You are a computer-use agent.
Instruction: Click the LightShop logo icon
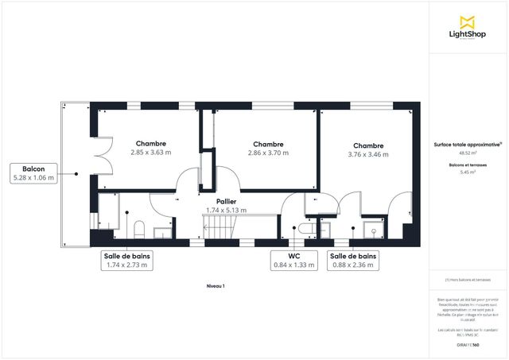tap(468, 21)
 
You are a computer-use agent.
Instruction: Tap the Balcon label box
tap(33, 173)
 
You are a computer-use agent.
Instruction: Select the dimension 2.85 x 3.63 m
tap(151, 152)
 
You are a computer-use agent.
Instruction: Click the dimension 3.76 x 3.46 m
tap(368, 154)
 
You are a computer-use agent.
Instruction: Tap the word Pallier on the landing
tap(226, 203)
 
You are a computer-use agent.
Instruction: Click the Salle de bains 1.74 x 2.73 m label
tap(128, 261)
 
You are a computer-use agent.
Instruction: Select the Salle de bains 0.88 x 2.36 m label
tap(353, 261)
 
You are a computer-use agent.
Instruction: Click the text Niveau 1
tap(216, 285)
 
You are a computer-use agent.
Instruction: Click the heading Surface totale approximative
tap(467, 145)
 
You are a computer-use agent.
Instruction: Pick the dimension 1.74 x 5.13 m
tap(226, 211)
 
